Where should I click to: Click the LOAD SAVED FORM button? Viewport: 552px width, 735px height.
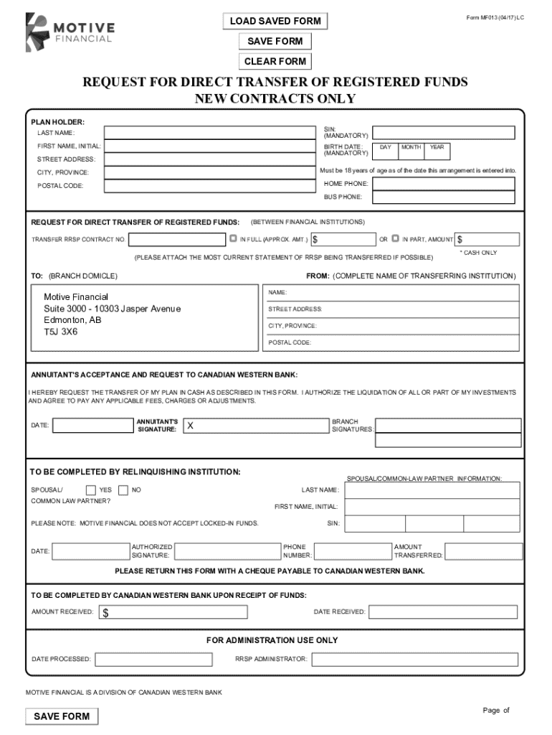(x=275, y=22)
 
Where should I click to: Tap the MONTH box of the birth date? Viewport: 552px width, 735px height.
(x=411, y=150)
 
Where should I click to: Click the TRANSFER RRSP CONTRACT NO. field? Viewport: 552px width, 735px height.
(x=176, y=239)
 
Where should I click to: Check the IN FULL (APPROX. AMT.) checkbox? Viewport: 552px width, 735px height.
(x=233, y=238)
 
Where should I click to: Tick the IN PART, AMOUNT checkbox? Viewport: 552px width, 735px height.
(x=396, y=238)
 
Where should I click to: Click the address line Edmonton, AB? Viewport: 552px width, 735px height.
(x=73, y=320)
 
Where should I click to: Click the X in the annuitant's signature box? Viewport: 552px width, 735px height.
(x=190, y=426)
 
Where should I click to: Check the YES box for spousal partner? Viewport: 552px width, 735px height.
(x=91, y=490)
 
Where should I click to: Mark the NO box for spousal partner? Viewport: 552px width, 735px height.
(x=123, y=490)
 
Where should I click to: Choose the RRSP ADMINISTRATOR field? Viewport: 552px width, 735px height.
(x=414, y=659)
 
